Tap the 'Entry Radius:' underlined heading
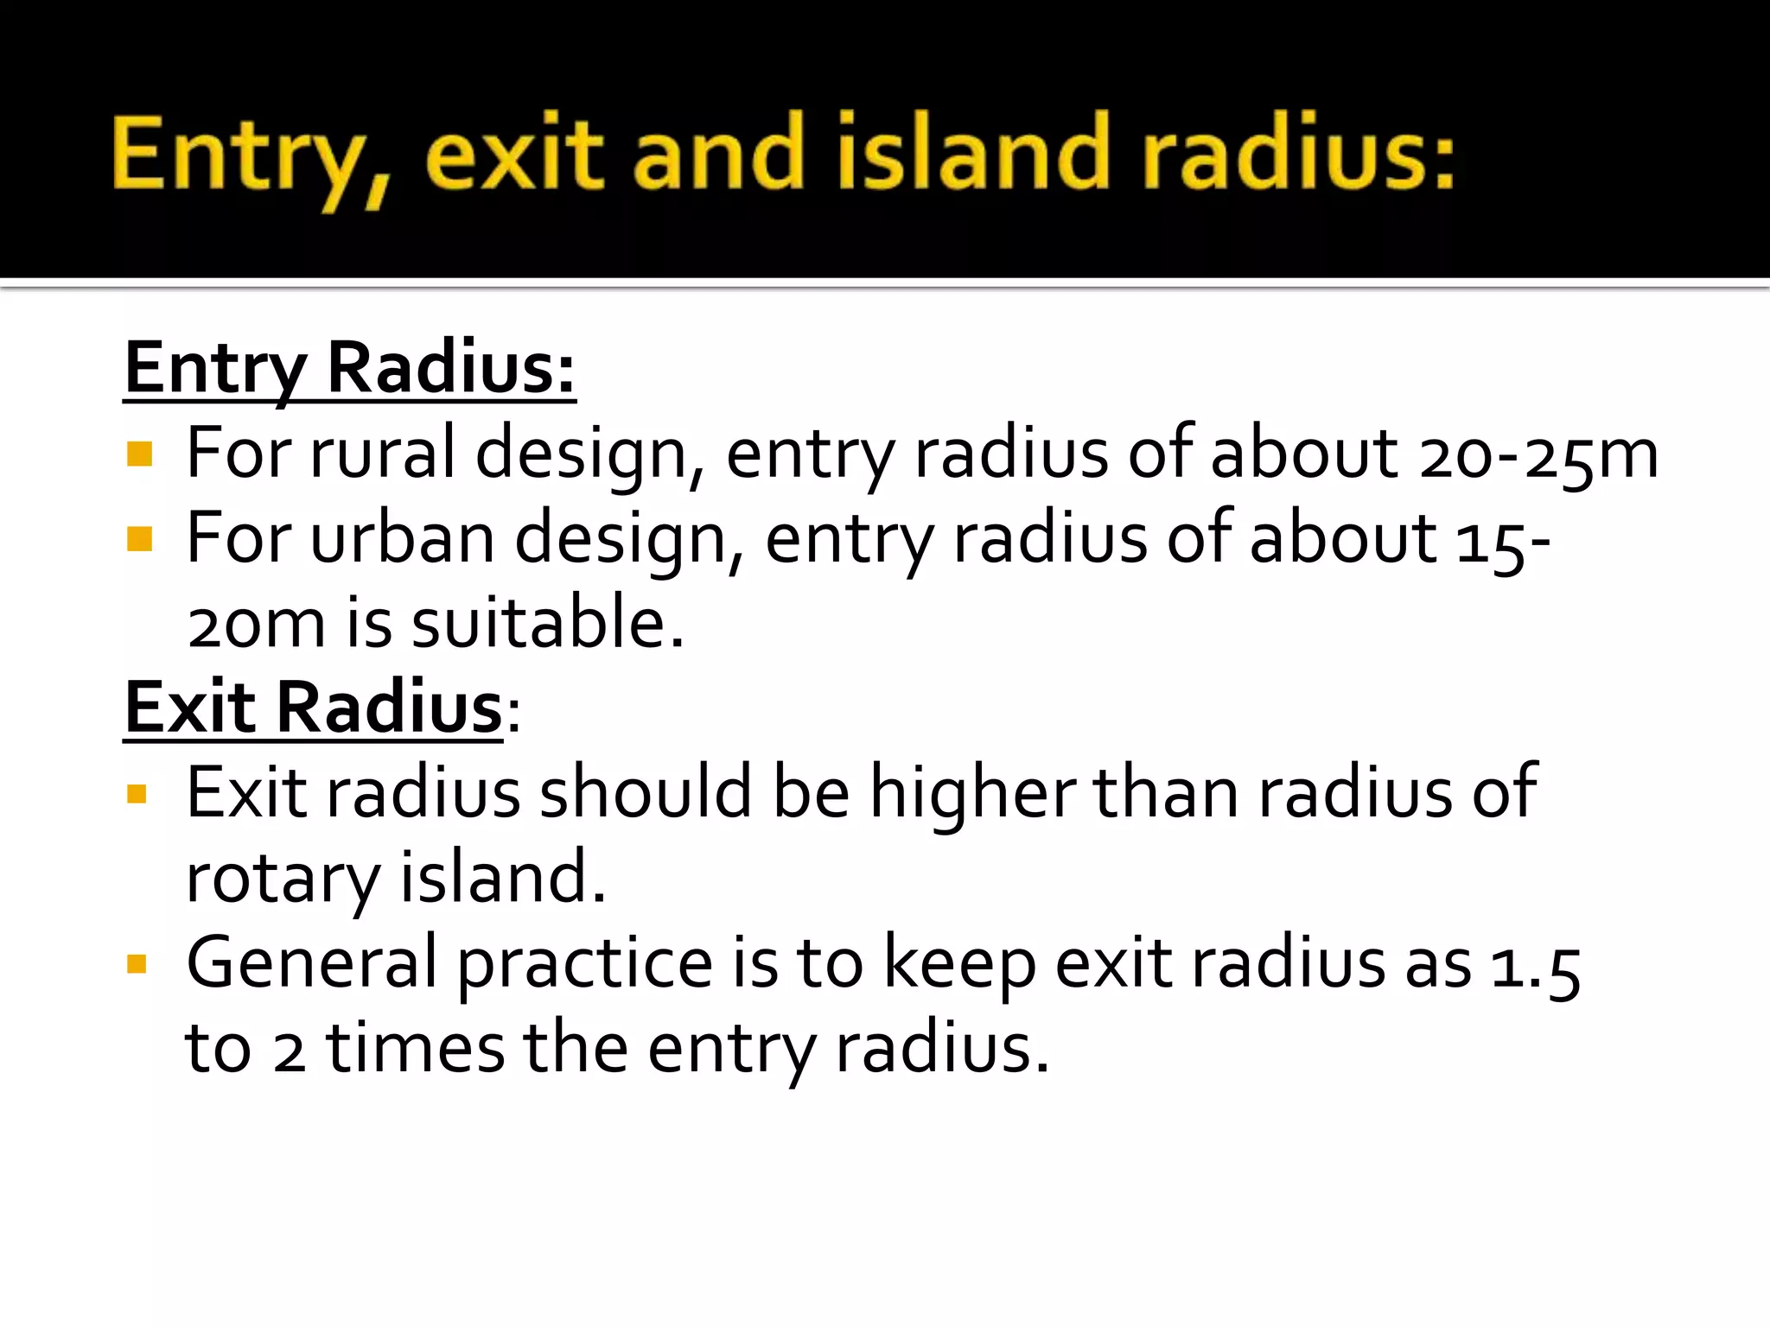click(349, 369)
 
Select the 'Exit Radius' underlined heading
click(313, 708)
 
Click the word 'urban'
click(402, 538)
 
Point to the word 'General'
click(312, 963)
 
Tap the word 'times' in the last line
click(415, 1049)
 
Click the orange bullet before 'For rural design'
click(138, 454)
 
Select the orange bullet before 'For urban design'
click(138, 539)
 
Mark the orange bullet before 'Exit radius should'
click(137, 793)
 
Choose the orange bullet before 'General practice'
click(137, 963)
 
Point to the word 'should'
click(646, 792)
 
